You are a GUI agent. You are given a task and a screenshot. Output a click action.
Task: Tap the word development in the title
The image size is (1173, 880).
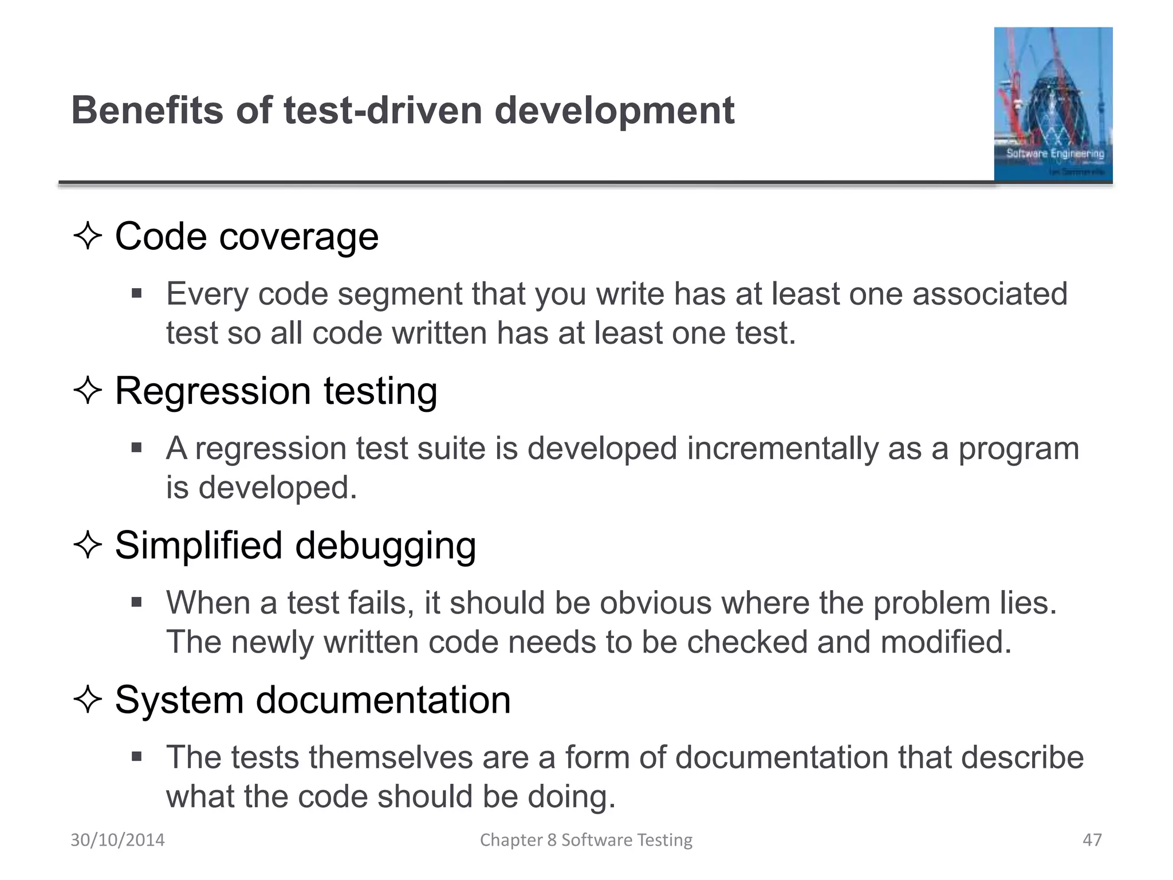click(x=614, y=110)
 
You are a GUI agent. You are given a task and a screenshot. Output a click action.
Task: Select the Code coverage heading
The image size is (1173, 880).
click(x=247, y=236)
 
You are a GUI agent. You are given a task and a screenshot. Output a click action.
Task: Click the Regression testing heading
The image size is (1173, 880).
click(x=276, y=391)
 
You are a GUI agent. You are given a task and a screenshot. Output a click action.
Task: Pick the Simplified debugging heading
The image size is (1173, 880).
click(x=296, y=545)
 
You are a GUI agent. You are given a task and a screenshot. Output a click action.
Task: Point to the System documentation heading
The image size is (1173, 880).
click(x=313, y=700)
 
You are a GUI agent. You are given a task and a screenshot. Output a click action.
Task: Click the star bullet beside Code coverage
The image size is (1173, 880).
click(x=88, y=236)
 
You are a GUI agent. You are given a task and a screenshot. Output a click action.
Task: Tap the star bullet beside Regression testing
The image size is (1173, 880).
click(x=88, y=391)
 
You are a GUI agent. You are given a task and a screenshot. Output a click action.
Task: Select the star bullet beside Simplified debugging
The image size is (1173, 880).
click(x=88, y=545)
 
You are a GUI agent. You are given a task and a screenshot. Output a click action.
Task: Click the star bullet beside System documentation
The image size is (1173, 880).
click(x=88, y=700)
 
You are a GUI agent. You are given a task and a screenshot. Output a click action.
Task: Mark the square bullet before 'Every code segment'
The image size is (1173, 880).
click(x=136, y=294)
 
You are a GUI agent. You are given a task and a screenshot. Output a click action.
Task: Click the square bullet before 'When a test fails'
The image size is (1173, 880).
click(x=136, y=602)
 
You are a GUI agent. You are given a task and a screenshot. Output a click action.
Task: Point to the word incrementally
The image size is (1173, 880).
click(x=782, y=448)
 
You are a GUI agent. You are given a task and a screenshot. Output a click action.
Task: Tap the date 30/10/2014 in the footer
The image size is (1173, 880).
click(x=117, y=840)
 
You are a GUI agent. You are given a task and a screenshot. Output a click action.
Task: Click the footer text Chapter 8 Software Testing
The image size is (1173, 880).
click(x=586, y=840)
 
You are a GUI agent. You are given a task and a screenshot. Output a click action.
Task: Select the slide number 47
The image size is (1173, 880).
click(x=1092, y=840)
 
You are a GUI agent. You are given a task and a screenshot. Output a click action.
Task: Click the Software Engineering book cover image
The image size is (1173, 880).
click(x=1053, y=104)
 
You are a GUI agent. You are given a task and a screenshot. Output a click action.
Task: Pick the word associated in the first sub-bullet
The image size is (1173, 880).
click(x=990, y=294)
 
